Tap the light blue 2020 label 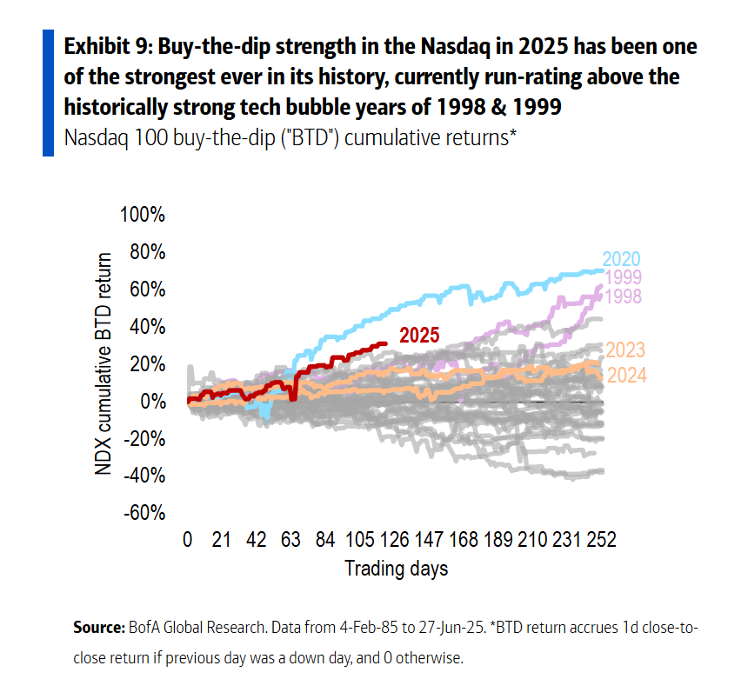(621, 259)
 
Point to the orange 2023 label (624, 350)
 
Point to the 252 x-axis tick (600, 540)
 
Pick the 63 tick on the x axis (291, 540)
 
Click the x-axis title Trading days (397, 569)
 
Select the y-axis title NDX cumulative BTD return (104, 363)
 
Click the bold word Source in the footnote (98, 628)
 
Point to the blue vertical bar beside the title (49, 91)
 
